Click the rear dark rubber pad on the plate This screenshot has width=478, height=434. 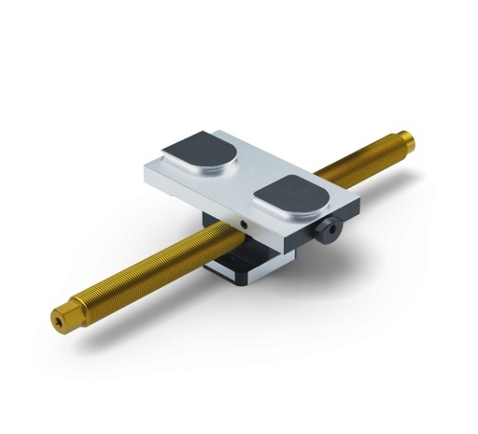[x=200, y=152]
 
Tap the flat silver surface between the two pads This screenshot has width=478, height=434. [x=245, y=176]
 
